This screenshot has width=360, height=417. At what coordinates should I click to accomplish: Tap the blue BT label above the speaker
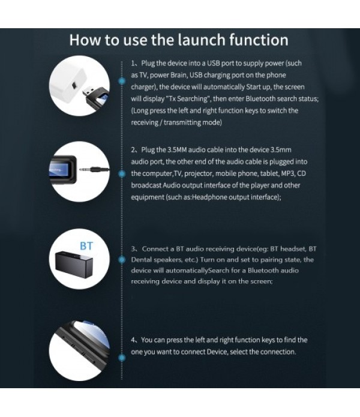point(86,247)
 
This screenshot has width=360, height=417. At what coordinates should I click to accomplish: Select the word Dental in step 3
point(143,260)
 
